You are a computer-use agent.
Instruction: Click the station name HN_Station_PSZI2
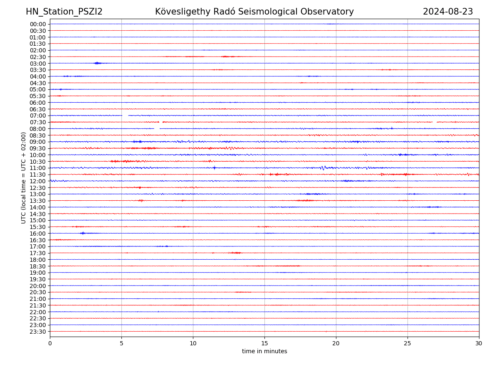(x=64, y=12)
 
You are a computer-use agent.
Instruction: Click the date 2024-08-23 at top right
(x=448, y=12)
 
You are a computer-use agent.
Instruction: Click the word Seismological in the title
(x=271, y=12)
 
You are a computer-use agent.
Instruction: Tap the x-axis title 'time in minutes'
(x=264, y=352)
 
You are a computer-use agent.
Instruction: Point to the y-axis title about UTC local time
(x=24, y=177)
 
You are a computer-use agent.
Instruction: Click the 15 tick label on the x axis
(x=264, y=344)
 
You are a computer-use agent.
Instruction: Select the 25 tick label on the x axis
(x=408, y=344)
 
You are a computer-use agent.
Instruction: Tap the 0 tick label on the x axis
(x=50, y=344)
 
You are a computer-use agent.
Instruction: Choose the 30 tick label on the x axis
(x=479, y=344)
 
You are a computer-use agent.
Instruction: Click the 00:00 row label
(x=38, y=24)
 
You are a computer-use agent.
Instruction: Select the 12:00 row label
(x=38, y=181)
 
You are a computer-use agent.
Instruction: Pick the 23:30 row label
(x=38, y=332)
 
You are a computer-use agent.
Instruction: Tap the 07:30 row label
(x=38, y=122)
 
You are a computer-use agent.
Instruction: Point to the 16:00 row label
(x=38, y=234)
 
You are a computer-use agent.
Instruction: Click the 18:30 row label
(x=38, y=266)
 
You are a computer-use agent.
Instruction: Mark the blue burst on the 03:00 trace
(x=97, y=63)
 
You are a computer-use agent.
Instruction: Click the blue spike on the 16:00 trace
(x=83, y=233)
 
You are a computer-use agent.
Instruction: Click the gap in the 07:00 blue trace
(x=125, y=116)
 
